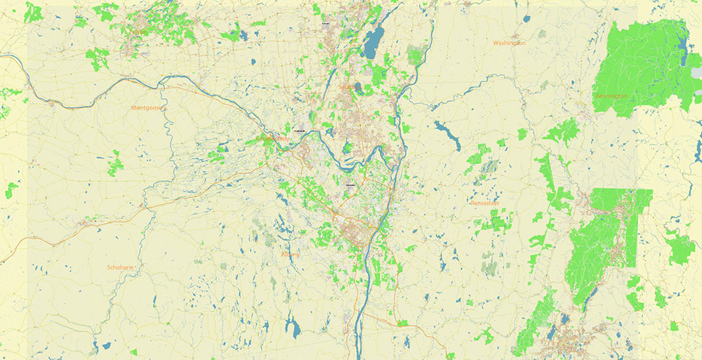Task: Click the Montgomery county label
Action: click(x=146, y=107)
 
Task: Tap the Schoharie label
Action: click(x=120, y=267)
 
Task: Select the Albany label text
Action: click(x=290, y=254)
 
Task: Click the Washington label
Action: click(x=509, y=43)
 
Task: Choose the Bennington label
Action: click(x=611, y=96)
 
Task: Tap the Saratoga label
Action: click(x=347, y=87)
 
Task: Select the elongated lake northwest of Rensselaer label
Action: click(x=445, y=133)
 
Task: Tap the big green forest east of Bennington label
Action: click(x=646, y=67)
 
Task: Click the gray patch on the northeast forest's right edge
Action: click(x=696, y=73)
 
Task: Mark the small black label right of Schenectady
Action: click(x=299, y=132)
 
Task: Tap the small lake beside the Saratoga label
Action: click(x=358, y=87)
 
